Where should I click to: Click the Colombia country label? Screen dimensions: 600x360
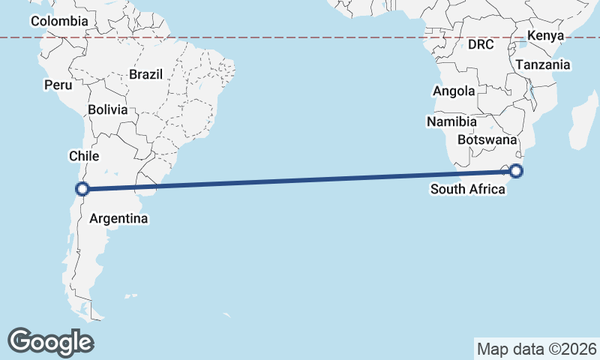click(59, 22)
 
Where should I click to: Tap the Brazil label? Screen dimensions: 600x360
click(145, 75)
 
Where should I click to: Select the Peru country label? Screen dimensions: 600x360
click(58, 85)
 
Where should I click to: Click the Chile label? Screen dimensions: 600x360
click(84, 156)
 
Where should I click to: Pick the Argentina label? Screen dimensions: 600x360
click(118, 219)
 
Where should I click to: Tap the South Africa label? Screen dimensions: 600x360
click(467, 189)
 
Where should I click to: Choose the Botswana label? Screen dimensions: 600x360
click(487, 140)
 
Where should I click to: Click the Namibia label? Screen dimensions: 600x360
click(451, 121)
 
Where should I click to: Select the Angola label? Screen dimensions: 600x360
click(454, 91)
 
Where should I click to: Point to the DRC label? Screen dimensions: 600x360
click(481, 45)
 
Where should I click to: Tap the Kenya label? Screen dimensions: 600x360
click(545, 36)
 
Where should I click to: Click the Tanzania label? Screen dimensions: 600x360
click(542, 65)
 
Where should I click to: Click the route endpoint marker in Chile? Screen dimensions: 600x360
click(83, 189)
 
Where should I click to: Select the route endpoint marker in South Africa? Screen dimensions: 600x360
click(516, 171)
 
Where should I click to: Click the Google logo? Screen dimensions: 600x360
click(51, 341)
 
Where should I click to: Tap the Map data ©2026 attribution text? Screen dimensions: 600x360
click(537, 349)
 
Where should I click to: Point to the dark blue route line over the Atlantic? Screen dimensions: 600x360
click(300, 180)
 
